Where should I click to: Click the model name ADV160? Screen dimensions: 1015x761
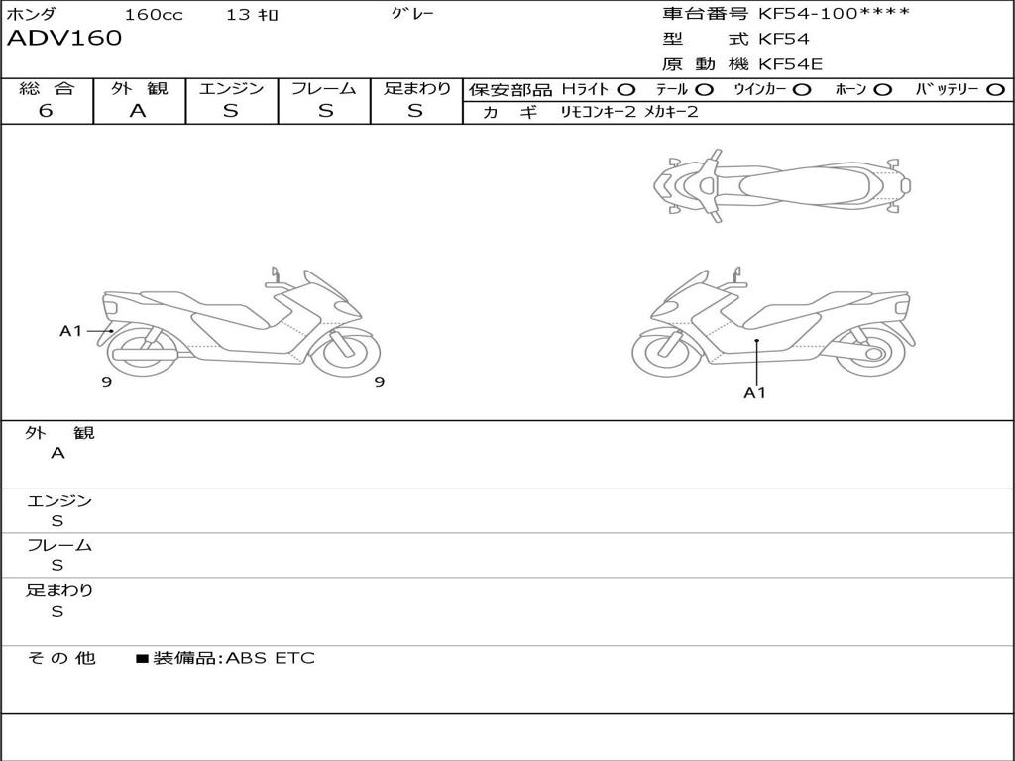tap(64, 38)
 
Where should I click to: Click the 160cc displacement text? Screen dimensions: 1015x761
tap(154, 14)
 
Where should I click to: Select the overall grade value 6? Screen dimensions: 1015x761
tap(46, 111)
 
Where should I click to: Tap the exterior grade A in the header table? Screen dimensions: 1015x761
tap(138, 111)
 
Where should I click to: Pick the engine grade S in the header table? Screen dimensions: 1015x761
tap(230, 111)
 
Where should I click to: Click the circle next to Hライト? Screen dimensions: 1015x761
tap(626, 90)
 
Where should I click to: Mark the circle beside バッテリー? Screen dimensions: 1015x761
tap(995, 90)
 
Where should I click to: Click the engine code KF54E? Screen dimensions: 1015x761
tap(790, 64)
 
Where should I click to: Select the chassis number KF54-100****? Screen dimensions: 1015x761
tap(834, 13)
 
